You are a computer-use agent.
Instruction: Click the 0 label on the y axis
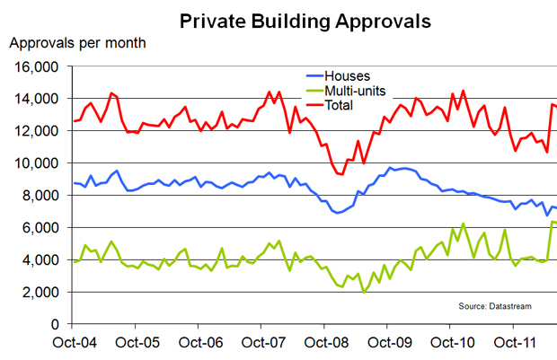click(55, 324)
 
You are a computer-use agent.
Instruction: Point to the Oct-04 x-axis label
click(74, 342)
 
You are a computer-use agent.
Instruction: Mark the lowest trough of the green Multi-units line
click(364, 292)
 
